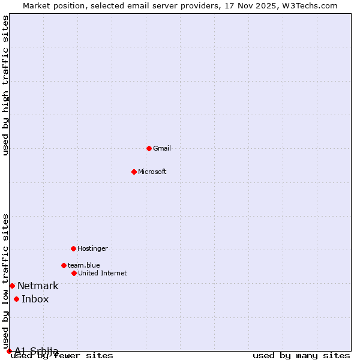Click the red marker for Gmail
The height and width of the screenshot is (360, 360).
coord(149,148)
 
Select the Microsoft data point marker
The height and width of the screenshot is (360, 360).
coord(134,172)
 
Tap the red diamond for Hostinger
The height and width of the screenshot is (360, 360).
coord(73,248)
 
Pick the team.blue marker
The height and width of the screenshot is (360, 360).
coord(64,265)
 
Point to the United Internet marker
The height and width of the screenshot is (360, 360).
coord(74,273)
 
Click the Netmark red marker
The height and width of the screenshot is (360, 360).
coord(12,286)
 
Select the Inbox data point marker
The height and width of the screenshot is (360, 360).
coord(16,299)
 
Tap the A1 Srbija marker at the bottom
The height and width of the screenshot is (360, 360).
coord(9,351)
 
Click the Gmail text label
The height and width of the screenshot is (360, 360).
coord(162,148)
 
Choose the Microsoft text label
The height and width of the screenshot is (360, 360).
coord(152,172)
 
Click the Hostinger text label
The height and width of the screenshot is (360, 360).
coord(92,248)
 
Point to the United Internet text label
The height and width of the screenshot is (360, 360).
coord(102,273)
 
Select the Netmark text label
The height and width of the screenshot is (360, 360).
coord(38,286)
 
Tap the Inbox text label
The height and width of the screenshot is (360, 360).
coord(35,299)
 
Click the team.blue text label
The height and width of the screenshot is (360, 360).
coord(83,265)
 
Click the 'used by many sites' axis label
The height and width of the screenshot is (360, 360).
coord(301,356)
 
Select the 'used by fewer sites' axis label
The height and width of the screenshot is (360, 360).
coord(62,356)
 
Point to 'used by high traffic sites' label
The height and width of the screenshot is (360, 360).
coord(5,86)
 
